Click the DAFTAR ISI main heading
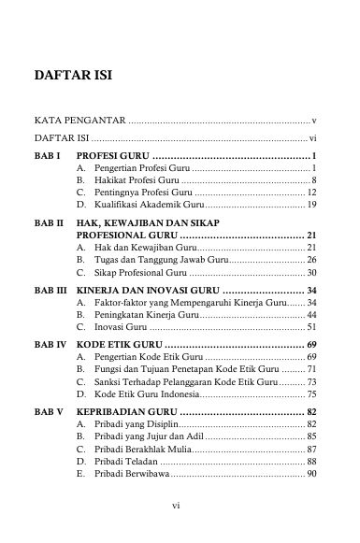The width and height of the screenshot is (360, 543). (73, 75)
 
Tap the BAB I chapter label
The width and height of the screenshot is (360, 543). (47, 154)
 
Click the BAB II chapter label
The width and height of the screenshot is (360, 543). (49, 224)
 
